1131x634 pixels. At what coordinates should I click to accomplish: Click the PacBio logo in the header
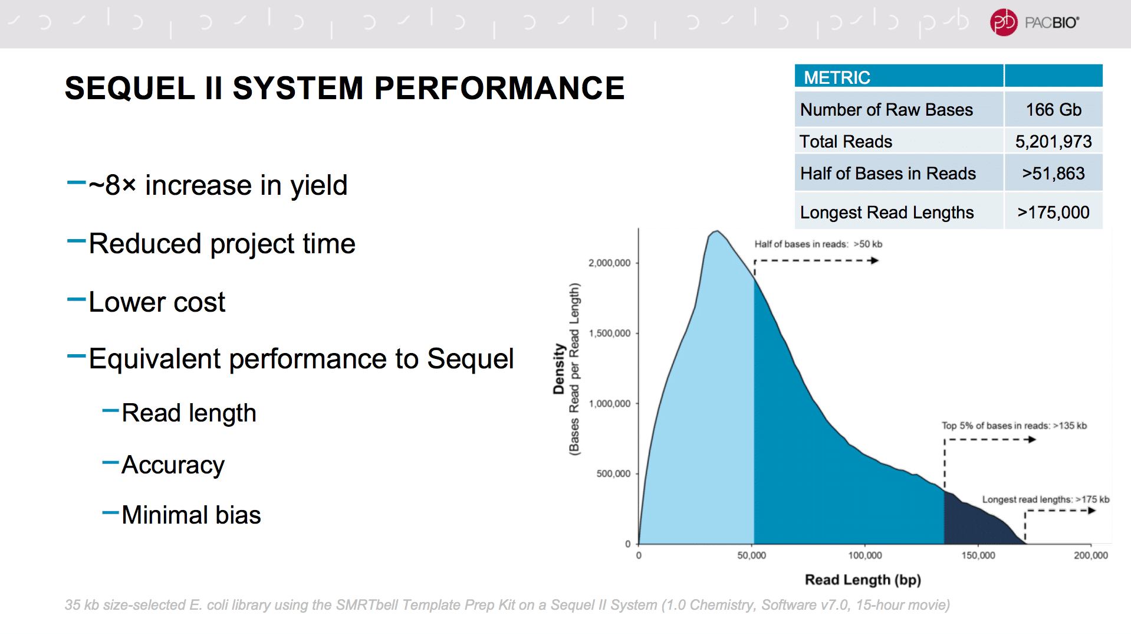point(1035,23)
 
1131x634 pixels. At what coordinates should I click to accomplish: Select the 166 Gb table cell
point(1053,110)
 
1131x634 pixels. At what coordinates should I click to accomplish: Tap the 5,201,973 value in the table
point(1053,142)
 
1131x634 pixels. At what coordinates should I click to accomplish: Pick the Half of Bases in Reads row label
point(887,174)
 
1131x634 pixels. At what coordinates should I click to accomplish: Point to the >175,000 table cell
point(1053,213)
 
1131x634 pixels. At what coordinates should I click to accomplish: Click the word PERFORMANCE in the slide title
point(499,89)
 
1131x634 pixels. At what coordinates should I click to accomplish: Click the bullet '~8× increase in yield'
point(218,185)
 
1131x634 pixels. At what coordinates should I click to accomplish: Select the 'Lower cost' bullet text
point(157,302)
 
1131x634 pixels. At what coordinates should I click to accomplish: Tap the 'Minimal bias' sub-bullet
point(191,515)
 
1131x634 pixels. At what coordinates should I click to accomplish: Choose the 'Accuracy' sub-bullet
point(173,465)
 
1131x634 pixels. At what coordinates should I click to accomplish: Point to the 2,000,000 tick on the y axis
point(609,263)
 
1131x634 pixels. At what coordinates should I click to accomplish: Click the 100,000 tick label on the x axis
point(865,555)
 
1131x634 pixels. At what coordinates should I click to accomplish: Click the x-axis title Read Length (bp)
point(863,580)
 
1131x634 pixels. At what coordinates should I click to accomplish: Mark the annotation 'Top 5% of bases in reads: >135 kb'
point(1014,426)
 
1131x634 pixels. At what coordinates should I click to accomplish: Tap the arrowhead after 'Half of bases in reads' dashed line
point(875,260)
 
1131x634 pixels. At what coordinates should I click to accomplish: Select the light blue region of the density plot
point(708,413)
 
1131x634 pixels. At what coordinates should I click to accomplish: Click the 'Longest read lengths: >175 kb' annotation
point(1045,499)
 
